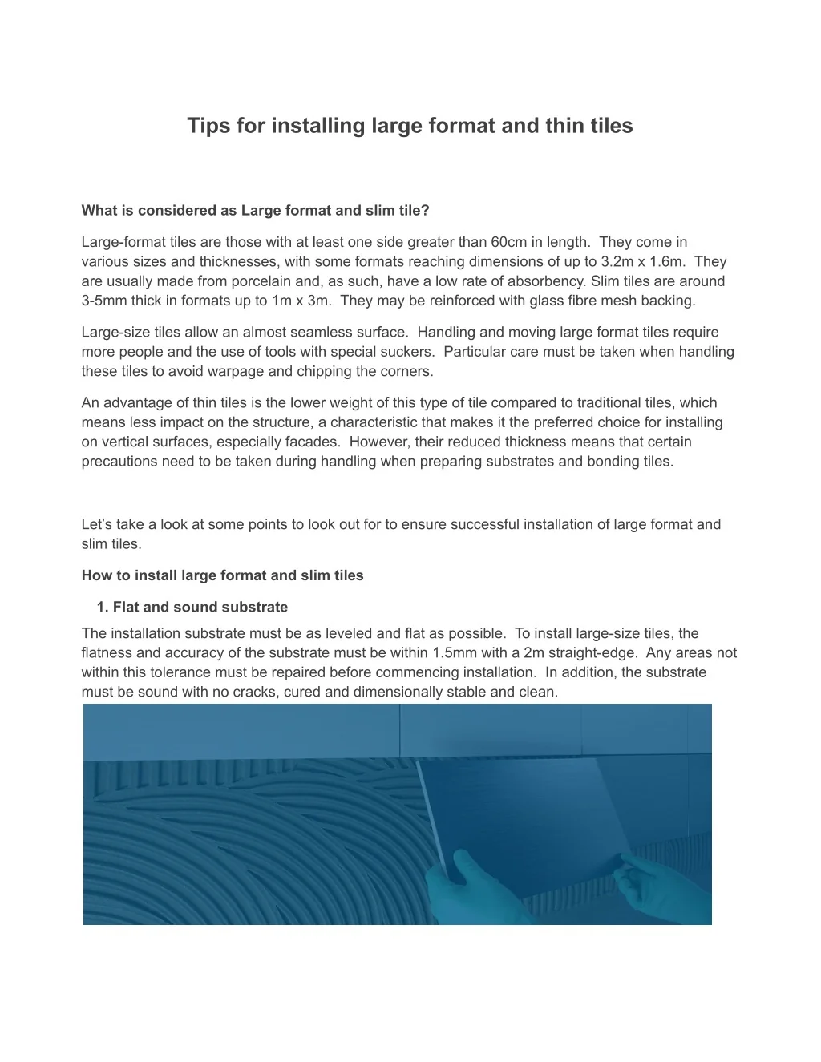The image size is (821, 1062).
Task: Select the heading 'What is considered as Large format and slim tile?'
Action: click(256, 211)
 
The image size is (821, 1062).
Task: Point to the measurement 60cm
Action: click(508, 242)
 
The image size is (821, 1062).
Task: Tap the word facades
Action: click(317, 442)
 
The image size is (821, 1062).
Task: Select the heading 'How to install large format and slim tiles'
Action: click(223, 575)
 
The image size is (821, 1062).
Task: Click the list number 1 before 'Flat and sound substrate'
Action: click(102, 607)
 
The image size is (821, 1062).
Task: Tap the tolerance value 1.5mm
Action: click(454, 652)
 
